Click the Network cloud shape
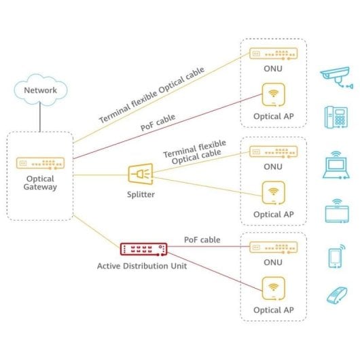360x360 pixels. (40, 90)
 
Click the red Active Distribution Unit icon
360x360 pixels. (141, 250)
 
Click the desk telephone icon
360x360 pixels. (336, 117)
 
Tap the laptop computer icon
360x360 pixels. (336, 166)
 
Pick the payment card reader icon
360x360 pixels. (336, 295)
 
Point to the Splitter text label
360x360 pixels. (141, 194)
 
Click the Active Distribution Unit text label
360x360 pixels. (141, 266)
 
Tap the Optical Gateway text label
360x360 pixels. (39, 183)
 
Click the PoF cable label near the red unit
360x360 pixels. (202, 240)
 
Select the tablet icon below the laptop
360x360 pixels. (336, 211)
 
